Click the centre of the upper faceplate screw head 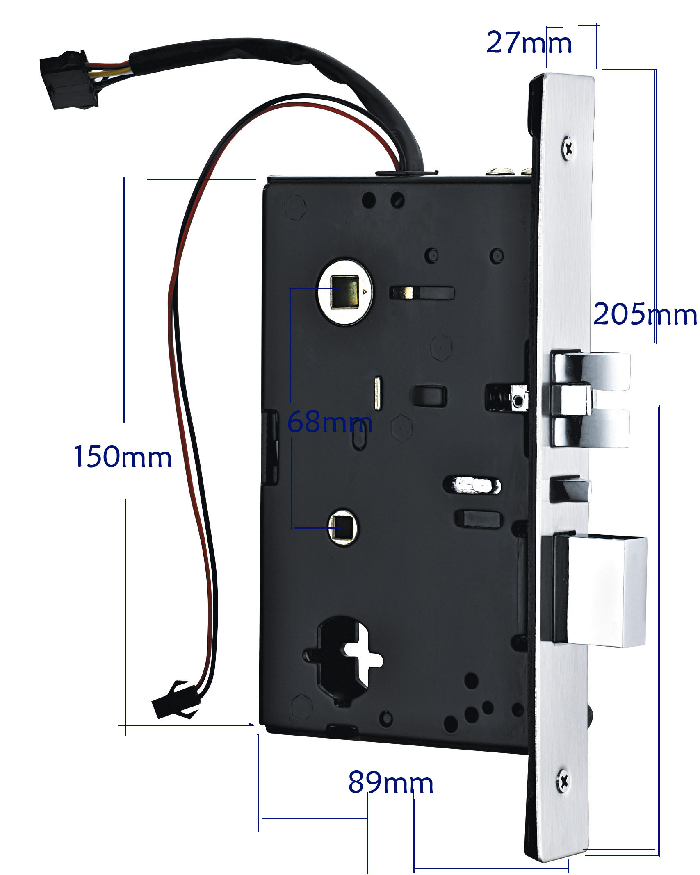pyautogui.click(x=568, y=148)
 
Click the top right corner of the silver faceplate pyautogui.click(x=594, y=78)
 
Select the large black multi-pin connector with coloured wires pyautogui.click(x=69, y=80)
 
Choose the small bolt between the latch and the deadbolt pyautogui.click(x=570, y=489)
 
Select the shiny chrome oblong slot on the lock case pyautogui.click(x=472, y=485)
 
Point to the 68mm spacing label pyautogui.click(x=330, y=422)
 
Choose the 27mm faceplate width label pyautogui.click(x=529, y=42)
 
